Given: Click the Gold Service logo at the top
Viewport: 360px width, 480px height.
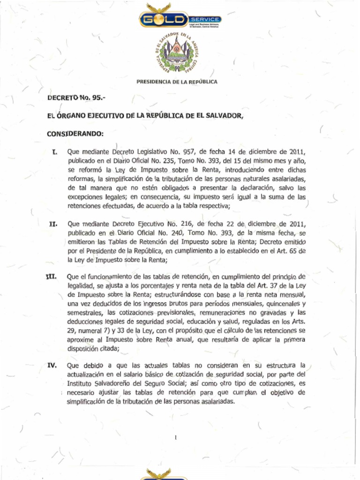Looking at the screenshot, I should [180, 19].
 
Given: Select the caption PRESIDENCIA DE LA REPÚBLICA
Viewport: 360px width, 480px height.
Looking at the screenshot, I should [177, 82].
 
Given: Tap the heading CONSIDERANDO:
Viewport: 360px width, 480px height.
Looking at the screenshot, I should [75, 134].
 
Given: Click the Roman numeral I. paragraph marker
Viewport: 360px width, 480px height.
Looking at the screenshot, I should [55, 152].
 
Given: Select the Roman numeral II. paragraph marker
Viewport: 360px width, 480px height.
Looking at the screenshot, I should [53, 224].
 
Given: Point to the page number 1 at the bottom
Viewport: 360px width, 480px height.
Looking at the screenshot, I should [175, 438].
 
